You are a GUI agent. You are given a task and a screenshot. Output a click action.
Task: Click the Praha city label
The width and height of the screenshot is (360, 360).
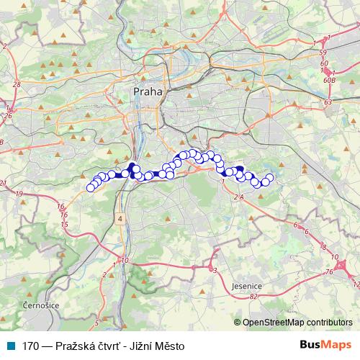point(149,92)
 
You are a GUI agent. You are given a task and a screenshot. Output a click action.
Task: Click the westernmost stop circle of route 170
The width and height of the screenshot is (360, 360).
point(91,188)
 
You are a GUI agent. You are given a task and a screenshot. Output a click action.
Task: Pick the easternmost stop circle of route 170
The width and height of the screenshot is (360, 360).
point(270,178)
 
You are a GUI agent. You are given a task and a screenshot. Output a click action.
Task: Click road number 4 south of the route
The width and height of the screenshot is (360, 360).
point(121,217)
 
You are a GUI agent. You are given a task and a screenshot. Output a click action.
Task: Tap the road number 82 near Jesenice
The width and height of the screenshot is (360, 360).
point(253,295)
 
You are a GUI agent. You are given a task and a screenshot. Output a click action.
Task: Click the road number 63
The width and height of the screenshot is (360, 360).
point(328,103)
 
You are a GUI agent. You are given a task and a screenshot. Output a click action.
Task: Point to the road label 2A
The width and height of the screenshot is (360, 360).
point(239,196)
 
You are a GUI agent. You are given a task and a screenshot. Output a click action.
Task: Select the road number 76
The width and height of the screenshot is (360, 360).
point(329,271)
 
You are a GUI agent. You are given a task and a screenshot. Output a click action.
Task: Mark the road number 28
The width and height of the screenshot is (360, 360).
point(16,84)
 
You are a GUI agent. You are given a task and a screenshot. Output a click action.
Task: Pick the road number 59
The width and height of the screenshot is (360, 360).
point(324,53)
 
